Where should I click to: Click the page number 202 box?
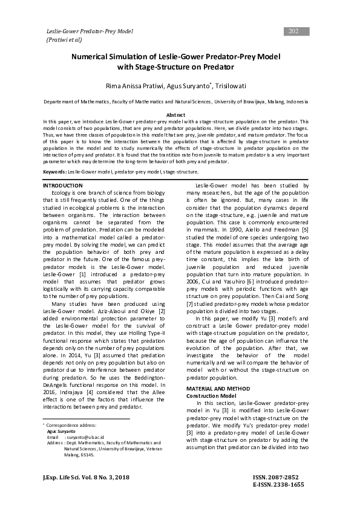[x=294, y=31]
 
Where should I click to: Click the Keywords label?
[x=54, y=172]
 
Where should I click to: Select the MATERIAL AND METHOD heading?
[x=221, y=387]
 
